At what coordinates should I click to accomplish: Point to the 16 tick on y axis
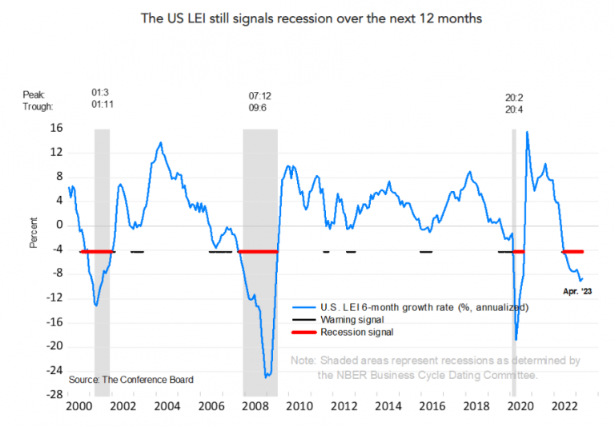tap(57, 128)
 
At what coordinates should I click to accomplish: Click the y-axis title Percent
tap(34, 232)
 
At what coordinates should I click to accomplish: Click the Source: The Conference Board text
tap(131, 378)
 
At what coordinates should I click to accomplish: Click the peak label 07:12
tap(261, 94)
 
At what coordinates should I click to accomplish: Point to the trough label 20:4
tap(515, 106)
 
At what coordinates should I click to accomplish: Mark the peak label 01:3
tap(101, 94)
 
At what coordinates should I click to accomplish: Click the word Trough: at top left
tap(38, 106)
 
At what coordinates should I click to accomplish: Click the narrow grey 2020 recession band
tap(514, 240)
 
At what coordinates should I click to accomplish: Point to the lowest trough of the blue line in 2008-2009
tap(267, 376)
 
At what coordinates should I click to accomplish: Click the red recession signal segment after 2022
tap(573, 252)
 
